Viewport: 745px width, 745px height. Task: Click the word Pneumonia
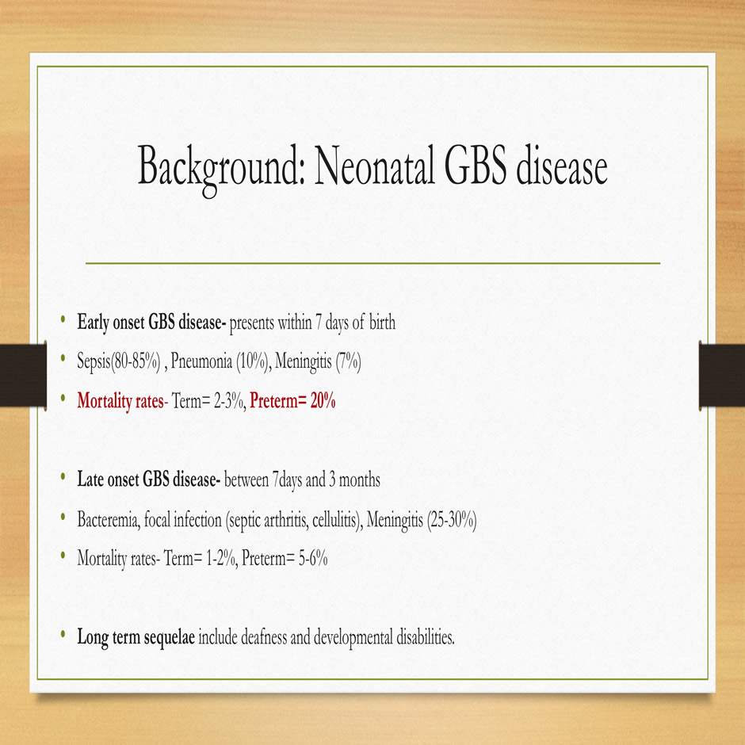pyautogui.click(x=201, y=361)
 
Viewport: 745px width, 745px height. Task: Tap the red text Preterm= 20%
pyautogui.click(x=292, y=400)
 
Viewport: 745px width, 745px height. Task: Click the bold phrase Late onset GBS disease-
pyautogui.click(x=149, y=479)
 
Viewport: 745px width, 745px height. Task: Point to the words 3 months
pyautogui.click(x=355, y=479)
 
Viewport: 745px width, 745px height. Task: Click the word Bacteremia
pyautogui.click(x=109, y=520)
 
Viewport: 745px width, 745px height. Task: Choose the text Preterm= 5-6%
pyautogui.click(x=285, y=558)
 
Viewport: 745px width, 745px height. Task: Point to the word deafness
pyautogui.click(x=264, y=636)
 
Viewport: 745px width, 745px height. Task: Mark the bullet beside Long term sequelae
pyautogui.click(x=63, y=634)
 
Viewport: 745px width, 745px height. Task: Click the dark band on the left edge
pyautogui.click(x=23, y=376)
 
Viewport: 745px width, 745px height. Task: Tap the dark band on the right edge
pyautogui.click(x=722, y=376)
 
